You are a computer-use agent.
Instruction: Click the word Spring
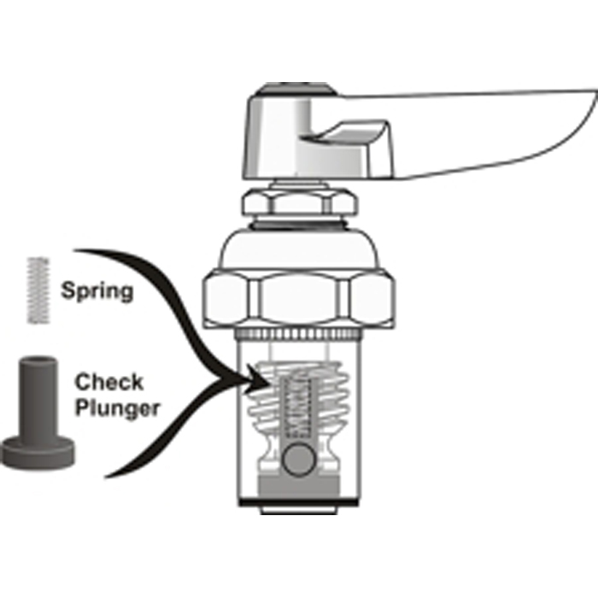[97, 291]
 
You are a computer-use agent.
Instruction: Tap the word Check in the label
[108, 383]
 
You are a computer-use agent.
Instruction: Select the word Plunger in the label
[117, 408]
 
